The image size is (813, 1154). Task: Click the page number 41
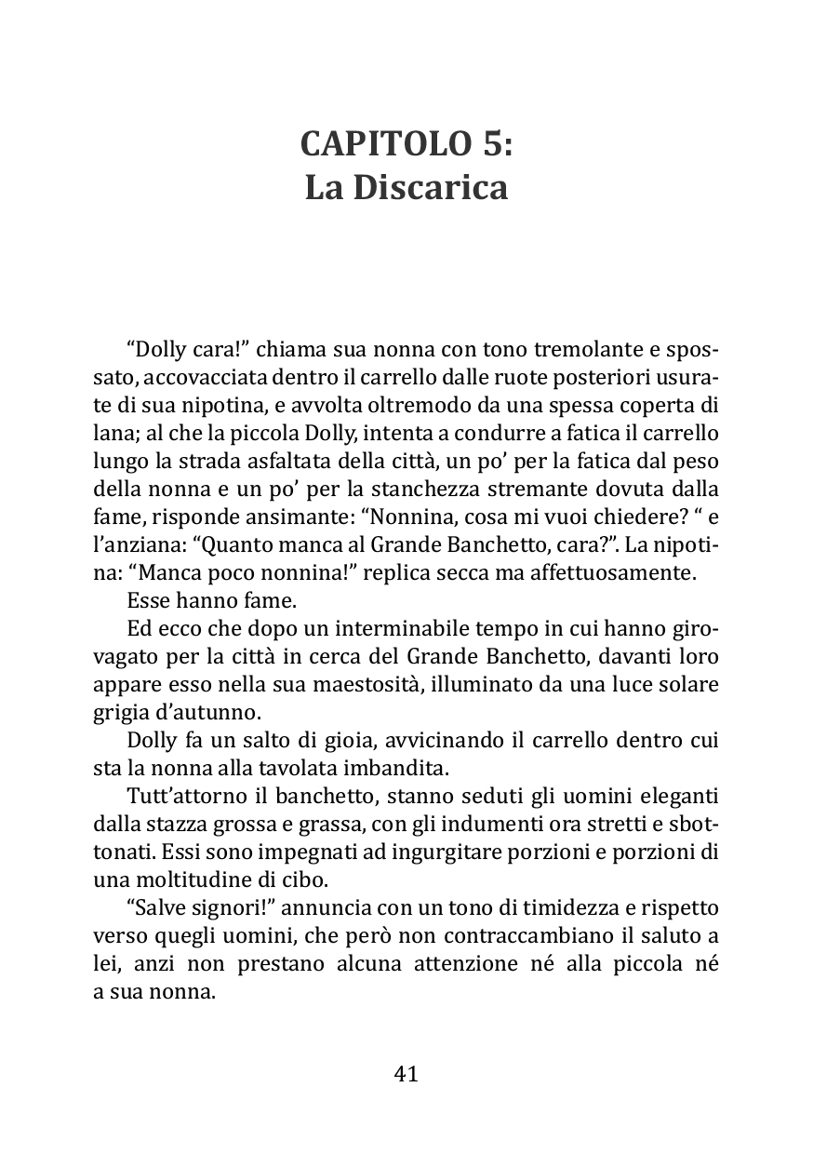[406, 1074]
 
